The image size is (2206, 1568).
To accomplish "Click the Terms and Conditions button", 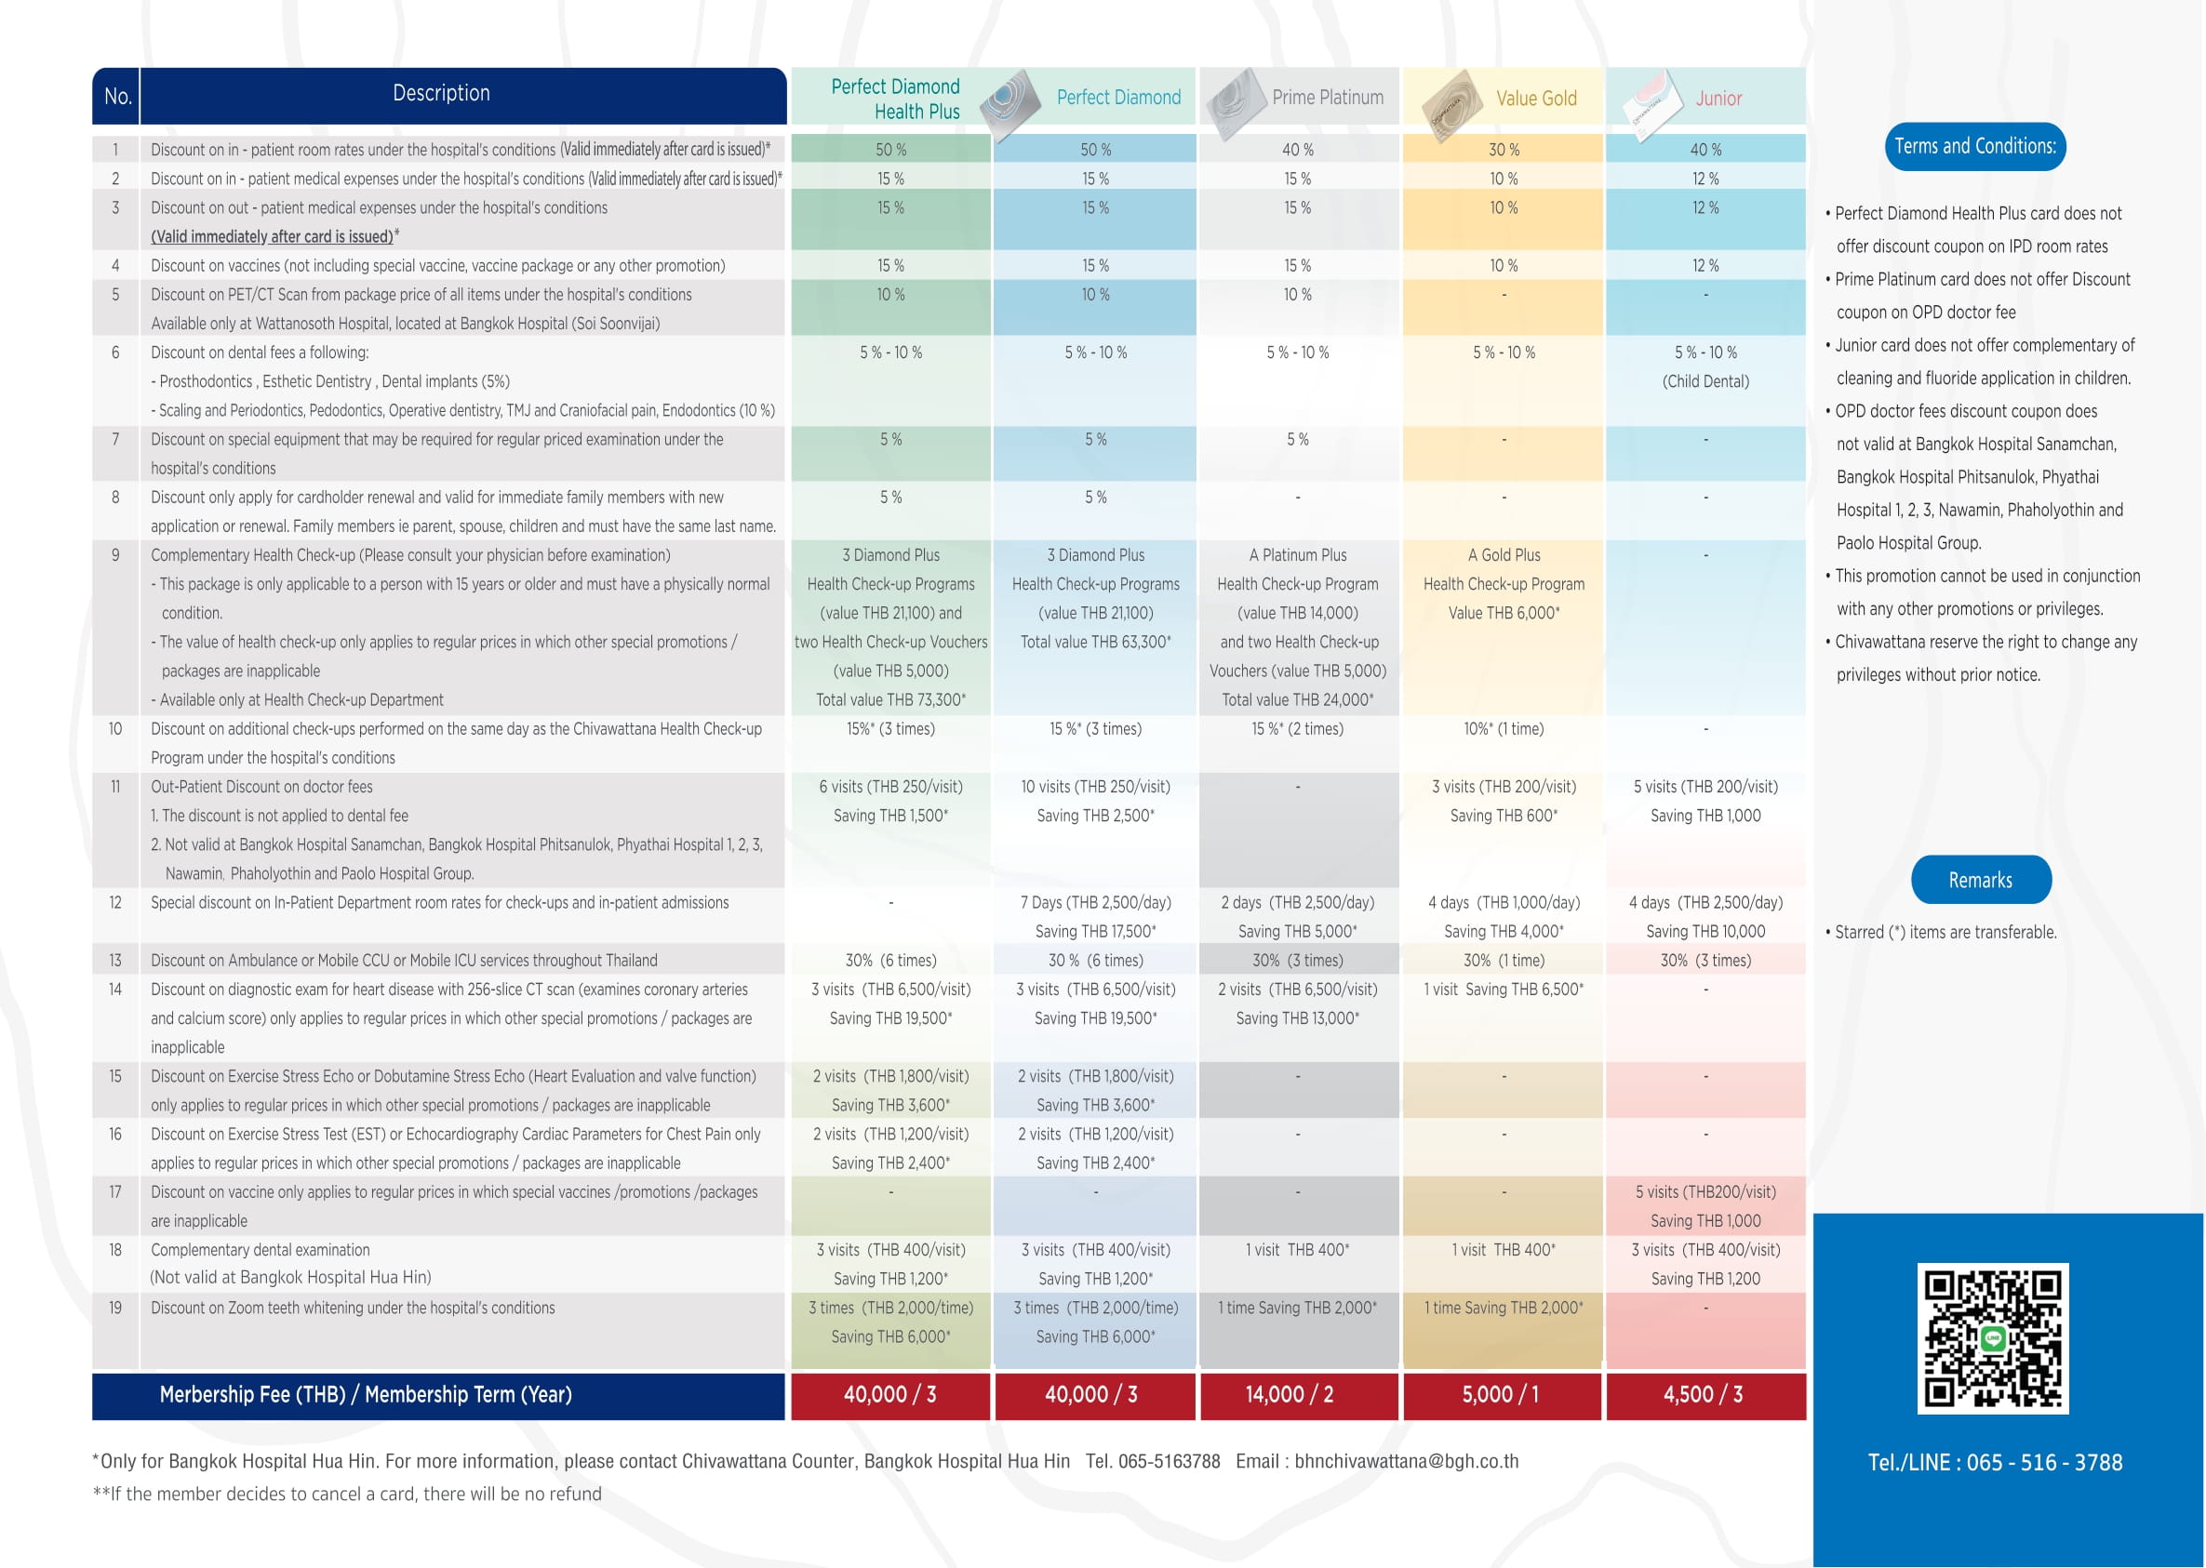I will point(1974,147).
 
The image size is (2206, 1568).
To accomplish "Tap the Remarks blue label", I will point(1980,880).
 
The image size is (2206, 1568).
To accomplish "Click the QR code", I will point(1993,1338).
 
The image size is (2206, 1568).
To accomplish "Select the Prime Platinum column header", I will point(1327,98).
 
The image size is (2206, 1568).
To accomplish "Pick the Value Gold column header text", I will point(1536,99).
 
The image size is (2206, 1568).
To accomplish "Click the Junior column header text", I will point(1718,99).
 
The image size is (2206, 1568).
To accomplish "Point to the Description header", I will point(441,94).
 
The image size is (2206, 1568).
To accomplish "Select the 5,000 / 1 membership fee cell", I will point(1500,1394).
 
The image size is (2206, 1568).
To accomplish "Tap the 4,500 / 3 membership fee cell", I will point(1703,1394).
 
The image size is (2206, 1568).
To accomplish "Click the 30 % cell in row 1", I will point(1504,150).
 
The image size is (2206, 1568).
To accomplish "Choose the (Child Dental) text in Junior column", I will point(1705,381).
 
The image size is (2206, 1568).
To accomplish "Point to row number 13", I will point(115,961).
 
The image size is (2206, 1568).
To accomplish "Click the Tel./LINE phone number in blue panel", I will point(1995,1462).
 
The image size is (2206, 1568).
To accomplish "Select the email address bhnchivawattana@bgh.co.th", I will point(1406,1461).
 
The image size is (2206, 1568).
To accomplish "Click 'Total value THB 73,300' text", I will point(890,700).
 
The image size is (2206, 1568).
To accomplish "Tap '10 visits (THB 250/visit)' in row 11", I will point(1095,787).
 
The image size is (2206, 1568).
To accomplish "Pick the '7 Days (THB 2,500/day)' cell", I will point(1095,903).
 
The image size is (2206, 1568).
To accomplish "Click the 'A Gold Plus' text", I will point(1504,555).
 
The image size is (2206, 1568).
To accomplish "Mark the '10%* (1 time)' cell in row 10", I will point(1504,729).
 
